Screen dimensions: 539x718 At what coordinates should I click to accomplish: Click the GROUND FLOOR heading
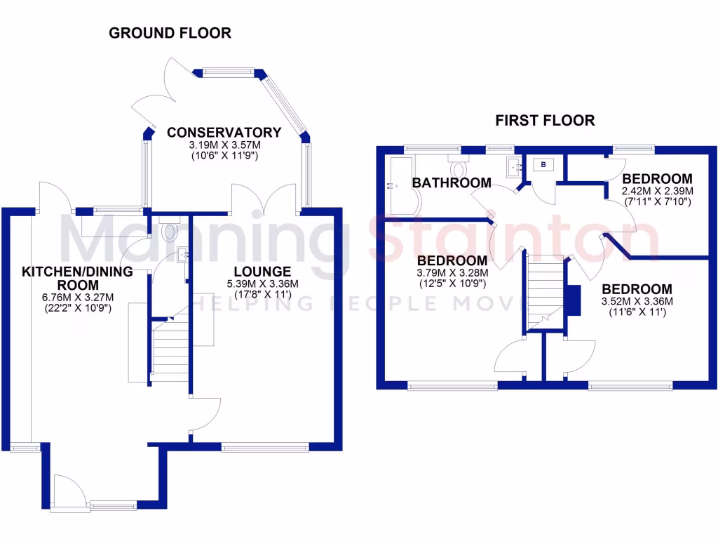(x=170, y=33)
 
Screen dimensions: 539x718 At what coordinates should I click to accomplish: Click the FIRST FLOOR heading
(x=545, y=120)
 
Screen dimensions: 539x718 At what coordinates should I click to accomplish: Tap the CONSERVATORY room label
(x=224, y=133)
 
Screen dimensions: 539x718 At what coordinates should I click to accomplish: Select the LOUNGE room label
(x=262, y=272)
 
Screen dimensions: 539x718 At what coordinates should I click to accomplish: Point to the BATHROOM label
(x=451, y=183)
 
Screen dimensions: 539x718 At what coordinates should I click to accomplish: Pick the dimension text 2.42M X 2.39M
(x=658, y=191)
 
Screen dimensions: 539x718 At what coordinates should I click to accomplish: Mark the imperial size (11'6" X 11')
(x=637, y=312)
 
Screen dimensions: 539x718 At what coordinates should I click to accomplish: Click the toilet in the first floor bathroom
(x=460, y=168)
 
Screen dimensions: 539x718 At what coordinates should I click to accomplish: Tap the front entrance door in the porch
(x=69, y=489)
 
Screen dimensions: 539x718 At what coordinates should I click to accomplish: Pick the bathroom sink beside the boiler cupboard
(x=516, y=166)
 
